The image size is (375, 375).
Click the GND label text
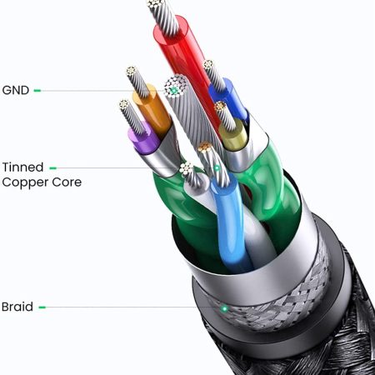pos(16,90)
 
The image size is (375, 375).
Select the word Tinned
pos(22,167)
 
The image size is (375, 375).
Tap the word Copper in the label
pos(25,182)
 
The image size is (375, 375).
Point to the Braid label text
pos(17,307)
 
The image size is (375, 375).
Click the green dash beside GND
pos(37,90)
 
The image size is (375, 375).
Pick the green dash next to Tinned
pos(53,168)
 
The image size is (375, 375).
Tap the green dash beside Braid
pos(42,307)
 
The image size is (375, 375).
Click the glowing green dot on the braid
pos(224,308)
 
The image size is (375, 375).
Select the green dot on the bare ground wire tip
pos(174,90)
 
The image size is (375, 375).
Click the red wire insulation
pos(189,69)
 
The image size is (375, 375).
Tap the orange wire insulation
pos(152,110)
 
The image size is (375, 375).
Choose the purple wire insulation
pos(143,139)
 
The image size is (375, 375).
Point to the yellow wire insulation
pos(233,135)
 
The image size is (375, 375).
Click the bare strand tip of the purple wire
pos(132,117)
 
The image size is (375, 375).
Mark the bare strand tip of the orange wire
pos(138,82)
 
